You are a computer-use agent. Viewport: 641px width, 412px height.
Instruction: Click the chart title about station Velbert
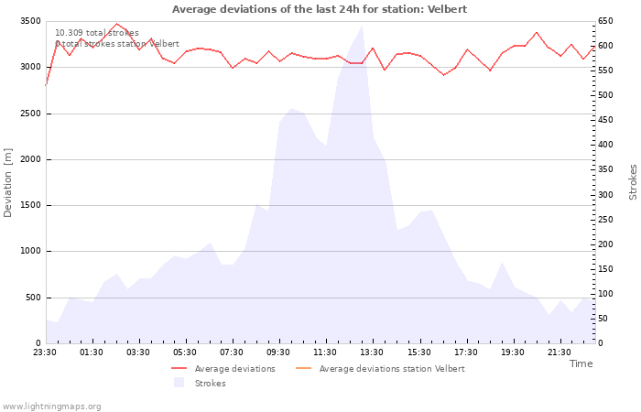(320, 9)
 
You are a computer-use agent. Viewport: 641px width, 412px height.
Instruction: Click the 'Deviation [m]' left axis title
(8, 182)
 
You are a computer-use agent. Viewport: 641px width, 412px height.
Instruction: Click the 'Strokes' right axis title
(633, 182)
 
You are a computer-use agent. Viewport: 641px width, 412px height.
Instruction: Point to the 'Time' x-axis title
(581, 363)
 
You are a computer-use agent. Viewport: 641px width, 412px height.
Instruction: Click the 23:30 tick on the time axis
(45, 352)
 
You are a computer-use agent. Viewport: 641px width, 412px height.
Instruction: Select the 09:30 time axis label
(278, 352)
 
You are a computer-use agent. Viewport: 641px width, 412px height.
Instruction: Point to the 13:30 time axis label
(372, 352)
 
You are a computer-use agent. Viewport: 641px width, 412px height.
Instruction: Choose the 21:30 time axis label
(559, 352)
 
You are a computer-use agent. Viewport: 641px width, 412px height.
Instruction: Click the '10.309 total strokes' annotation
(97, 33)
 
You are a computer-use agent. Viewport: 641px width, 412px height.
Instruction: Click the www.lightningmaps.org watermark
(51, 407)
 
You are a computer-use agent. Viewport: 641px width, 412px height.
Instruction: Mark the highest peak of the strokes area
(362, 26)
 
